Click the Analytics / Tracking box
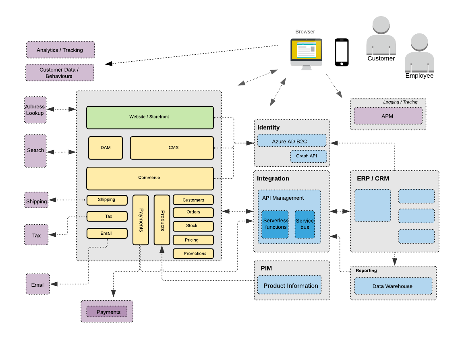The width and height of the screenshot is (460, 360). pyautogui.click(x=60, y=50)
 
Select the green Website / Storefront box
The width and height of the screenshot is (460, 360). pyautogui.click(x=150, y=117)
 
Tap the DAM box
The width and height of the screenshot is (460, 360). pyautogui.click(x=106, y=148)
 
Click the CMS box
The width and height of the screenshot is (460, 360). pyautogui.click(x=172, y=148)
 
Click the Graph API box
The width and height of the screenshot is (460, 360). pyautogui.click(x=309, y=156)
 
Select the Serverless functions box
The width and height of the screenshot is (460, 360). pyautogui.click(x=275, y=224)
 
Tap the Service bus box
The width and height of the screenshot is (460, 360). pyautogui.click(x=305, y=224)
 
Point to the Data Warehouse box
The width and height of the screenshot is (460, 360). pyautogui.click(x=393, y=286)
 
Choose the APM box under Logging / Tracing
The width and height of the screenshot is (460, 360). pyautogui.click(x=388, y=116)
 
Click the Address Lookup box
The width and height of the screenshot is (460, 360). pyautogui.click(x=35, y=110)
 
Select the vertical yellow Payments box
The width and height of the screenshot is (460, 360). pyautogui.click(x=141, y=220)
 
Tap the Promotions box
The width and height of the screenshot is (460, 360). pyautogui.click(x=193, y=254)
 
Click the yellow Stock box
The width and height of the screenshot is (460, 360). pyautogui.click(x=193, y=226)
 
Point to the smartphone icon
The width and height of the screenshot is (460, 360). pyautogui.click(x=342, y=52)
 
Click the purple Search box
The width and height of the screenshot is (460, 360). pyautogui.click(x=35, y=151)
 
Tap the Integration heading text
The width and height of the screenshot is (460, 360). pyautogui.click(x=273, y=178)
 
